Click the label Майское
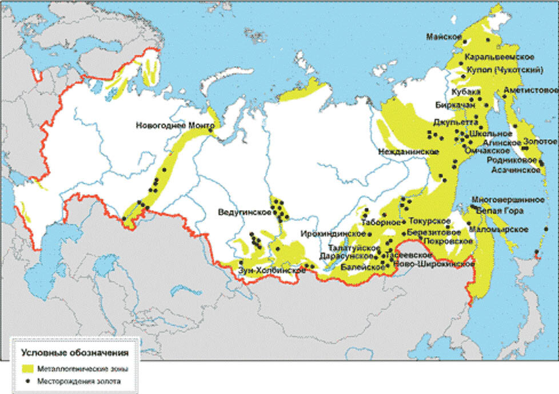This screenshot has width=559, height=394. [x=444, y=37]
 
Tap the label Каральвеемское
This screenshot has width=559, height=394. [x=499, y=58]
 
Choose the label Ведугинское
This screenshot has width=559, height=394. [x=244, y=212]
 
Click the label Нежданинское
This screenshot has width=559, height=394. [x=409, y=152]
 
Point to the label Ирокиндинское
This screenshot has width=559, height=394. [x=336, y=234]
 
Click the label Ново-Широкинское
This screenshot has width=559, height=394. [x=434, y=264]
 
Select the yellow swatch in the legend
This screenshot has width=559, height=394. [x=28, y=368]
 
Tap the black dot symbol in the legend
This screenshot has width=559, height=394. [x=28, y=381]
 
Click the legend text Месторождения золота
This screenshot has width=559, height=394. [x=79, y=381]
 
